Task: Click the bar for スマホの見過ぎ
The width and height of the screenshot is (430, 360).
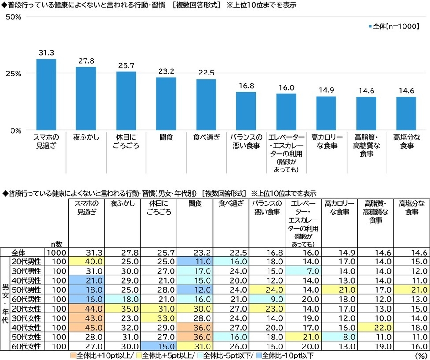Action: click(x=46, y=95)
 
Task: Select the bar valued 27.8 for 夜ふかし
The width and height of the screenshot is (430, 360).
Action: click(x=86, y=98)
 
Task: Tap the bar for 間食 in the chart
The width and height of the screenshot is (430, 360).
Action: click(x=166, y=104)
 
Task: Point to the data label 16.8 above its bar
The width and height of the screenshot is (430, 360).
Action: click(x=246, y=86)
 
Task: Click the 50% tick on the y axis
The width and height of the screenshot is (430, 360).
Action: click(x=13, y=17)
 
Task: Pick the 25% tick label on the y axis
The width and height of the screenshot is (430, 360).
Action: click(x=13, y=74)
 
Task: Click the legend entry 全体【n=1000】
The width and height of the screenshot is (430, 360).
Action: click(x=393, y=27)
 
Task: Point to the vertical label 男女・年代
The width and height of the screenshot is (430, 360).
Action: click(x=5, y=300)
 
